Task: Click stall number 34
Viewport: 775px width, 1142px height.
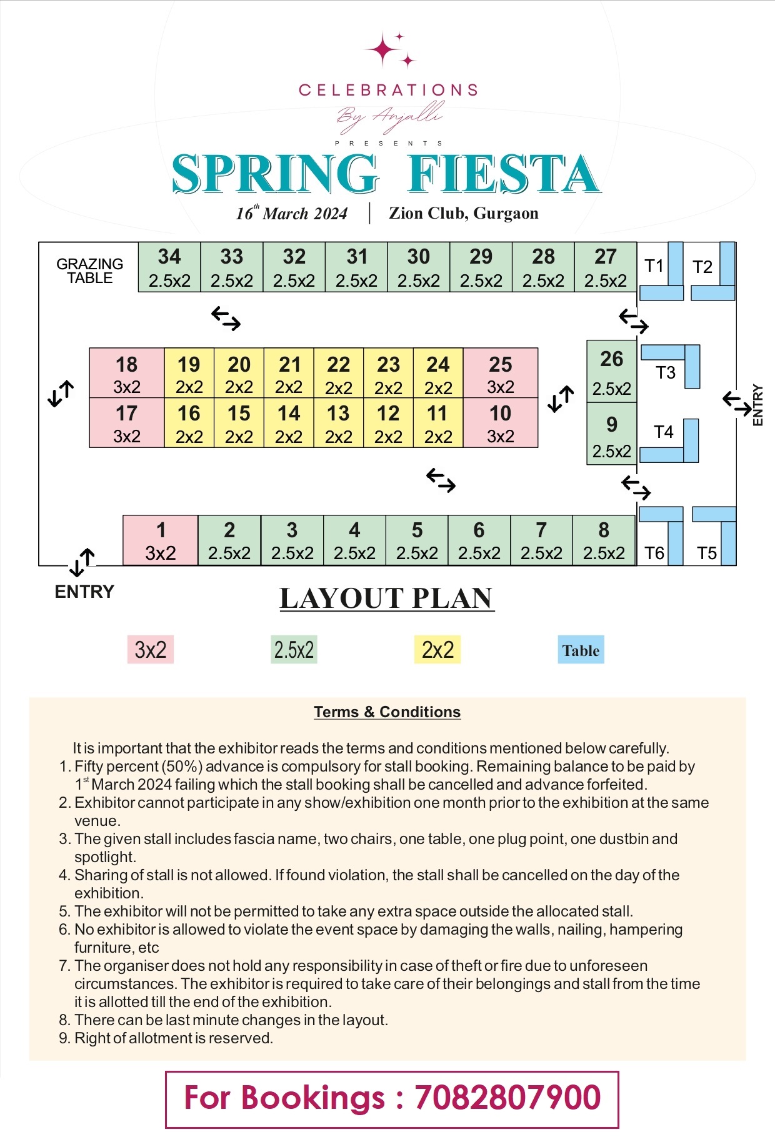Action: click(x=169, y=267)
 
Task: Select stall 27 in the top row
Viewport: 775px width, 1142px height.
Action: click(x=605, y=267)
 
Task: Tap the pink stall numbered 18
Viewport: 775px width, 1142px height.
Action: click(x=127, y=373)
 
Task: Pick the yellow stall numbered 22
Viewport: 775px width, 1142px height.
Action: click(x=338, y=373)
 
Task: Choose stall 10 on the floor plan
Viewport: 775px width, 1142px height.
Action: click(x=500, y=423)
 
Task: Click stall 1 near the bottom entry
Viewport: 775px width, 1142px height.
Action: click(x=161, y=540)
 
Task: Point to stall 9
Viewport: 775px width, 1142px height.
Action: click(x=611, y=435)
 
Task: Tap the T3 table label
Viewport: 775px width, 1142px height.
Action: click(x=666, y=373)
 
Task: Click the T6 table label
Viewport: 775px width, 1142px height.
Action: click(x=654, y=553)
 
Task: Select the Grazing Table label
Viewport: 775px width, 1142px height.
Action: click(x=89, y=271)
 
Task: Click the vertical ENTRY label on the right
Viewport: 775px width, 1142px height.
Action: click(x=758, y=405)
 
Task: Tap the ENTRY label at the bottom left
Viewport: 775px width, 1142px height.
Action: click(x=84, y=592)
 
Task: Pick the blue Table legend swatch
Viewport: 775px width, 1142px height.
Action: click(x=581, y=650)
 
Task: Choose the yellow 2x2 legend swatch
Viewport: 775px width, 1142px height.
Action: click(x=437, y=650)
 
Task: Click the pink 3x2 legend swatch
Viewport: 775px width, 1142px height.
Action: click(x=151, y=650)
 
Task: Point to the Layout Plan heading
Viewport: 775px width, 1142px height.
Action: click(x=387, y=598)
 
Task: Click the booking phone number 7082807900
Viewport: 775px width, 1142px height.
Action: click(x=507, y=1098)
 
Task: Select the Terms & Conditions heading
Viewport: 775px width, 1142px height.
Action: click(x=387, y=712)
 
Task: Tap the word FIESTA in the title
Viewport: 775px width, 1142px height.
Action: click(x=503, y=174)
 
